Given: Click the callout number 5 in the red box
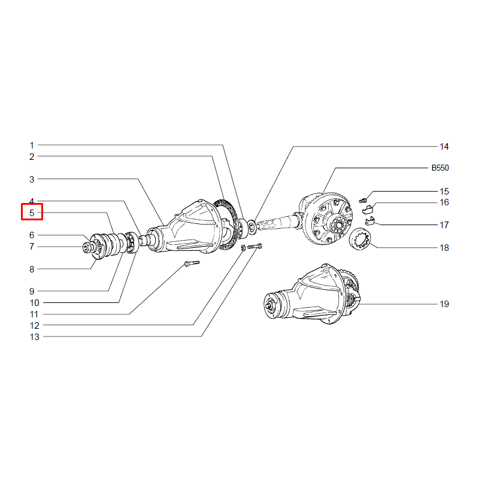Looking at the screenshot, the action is pos(32,213).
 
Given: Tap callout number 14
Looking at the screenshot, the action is pos(444,147).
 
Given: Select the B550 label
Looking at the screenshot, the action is pos(440,168).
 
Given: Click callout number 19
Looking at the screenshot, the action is pos(444,304).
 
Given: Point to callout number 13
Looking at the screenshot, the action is pos(35,337).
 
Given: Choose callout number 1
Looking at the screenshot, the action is pos(32,145).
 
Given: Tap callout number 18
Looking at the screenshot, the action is pos(444,248).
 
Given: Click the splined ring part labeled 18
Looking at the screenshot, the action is pos(360,238).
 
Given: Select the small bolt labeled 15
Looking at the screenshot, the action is pos(363,201).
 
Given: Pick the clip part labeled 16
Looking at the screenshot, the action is pos(368,209).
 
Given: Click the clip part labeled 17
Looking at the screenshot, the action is pos(369,220).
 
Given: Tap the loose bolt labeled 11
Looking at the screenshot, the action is pos(192,263).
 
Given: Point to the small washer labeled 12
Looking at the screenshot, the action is pos(243,248).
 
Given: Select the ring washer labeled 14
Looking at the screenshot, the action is pos(252,228).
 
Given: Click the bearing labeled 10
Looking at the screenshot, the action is pos(132,242).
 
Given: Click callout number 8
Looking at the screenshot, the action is pos(32,269).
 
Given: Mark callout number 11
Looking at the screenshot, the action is pos(34,314).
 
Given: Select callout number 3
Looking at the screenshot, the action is pos(32,179).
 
